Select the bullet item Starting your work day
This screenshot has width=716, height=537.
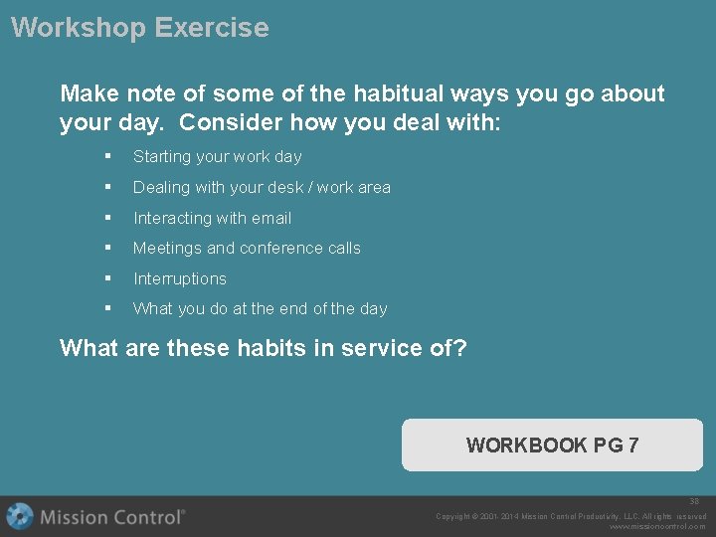tap(217, 156)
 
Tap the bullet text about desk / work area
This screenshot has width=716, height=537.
tap(262, 187)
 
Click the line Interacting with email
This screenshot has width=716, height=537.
tap(212, 218)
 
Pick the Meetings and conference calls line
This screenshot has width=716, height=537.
tap(247, 248)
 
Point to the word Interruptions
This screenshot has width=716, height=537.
tap(180, 278)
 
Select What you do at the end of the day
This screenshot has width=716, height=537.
tap(260, 308)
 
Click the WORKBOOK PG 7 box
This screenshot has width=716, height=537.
tap(552, 445)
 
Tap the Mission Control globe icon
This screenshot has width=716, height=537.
tap(20, 516)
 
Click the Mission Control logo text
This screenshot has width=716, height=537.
tap(112, 517)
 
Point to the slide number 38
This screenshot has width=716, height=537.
tap(694, 502)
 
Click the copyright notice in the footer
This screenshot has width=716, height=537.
tap(571, 516)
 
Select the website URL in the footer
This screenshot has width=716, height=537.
tap(657, 527)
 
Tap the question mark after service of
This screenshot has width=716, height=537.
tap(460, 348)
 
